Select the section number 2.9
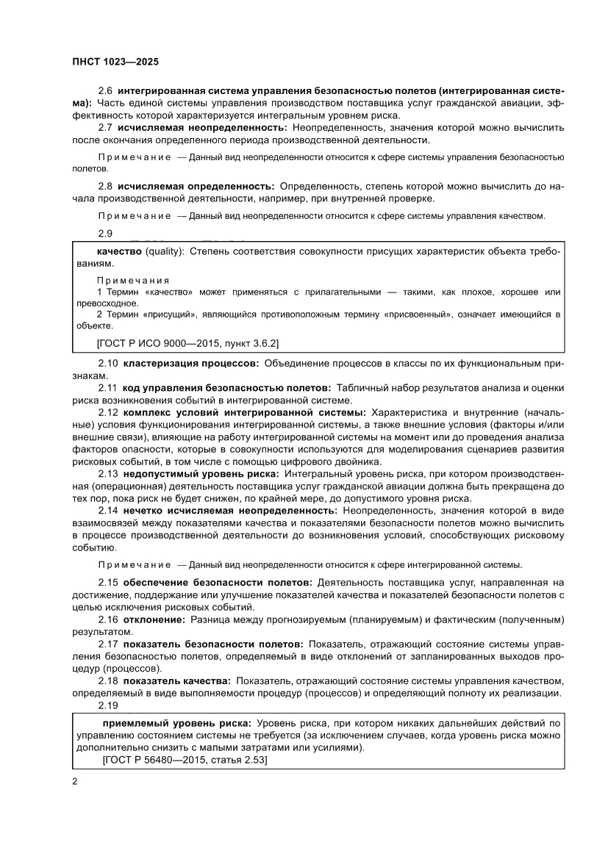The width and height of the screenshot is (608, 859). pyautogui.click(x=106, y=234)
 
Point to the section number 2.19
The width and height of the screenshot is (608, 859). pyautogui.click(x=108, y=705)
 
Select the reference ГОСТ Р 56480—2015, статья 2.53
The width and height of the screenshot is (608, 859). pyautogui.click(x=185, y=761)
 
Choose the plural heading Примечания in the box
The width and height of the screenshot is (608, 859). pyautogui.click(x=133, y=281)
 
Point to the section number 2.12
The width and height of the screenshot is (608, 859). pyautogui.click(x=108, y=414)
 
